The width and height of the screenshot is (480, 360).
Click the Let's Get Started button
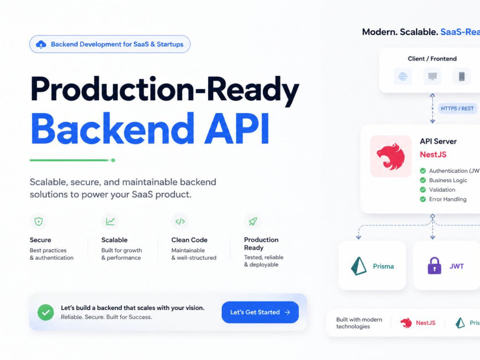(260, 312)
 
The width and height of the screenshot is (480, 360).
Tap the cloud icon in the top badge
(41, 44)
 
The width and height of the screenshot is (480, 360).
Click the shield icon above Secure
(38, 221)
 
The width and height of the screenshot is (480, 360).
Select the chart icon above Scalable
(110, 221)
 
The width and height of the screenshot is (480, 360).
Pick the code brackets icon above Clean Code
(180, 221)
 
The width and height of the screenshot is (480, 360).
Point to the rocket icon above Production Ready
(253, 221)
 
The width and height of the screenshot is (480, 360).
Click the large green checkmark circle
(46, 312)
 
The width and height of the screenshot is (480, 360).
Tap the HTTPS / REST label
(457, 108)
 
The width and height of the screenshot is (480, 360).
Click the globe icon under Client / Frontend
(403, 76)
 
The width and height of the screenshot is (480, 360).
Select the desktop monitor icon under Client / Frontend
(432, 76)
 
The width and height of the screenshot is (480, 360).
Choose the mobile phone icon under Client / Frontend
(462, 76)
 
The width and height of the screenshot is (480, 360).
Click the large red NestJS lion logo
(391, 156)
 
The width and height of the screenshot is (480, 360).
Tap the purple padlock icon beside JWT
(434, 265)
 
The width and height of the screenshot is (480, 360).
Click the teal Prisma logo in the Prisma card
(359, 266)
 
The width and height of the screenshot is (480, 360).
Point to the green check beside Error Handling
(423, 199)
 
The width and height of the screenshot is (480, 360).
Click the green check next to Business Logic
(423, 180)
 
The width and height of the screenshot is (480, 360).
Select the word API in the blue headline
(237, 128)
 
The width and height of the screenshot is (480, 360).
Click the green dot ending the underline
(113, 160)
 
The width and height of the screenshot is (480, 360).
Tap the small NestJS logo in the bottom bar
(406, 323)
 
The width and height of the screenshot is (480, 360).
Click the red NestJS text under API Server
(433, 155)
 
